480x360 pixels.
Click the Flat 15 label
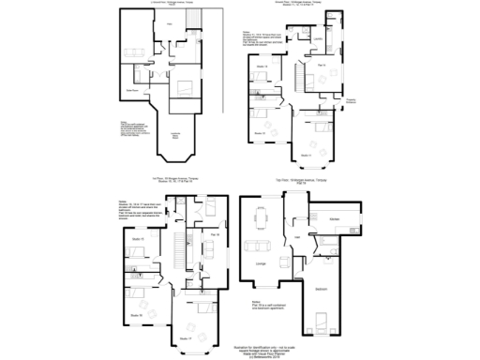(321, 65)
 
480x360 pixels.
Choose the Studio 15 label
(137, 241)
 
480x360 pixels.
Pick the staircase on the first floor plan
(174, 248)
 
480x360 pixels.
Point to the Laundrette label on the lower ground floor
(173, 138)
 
